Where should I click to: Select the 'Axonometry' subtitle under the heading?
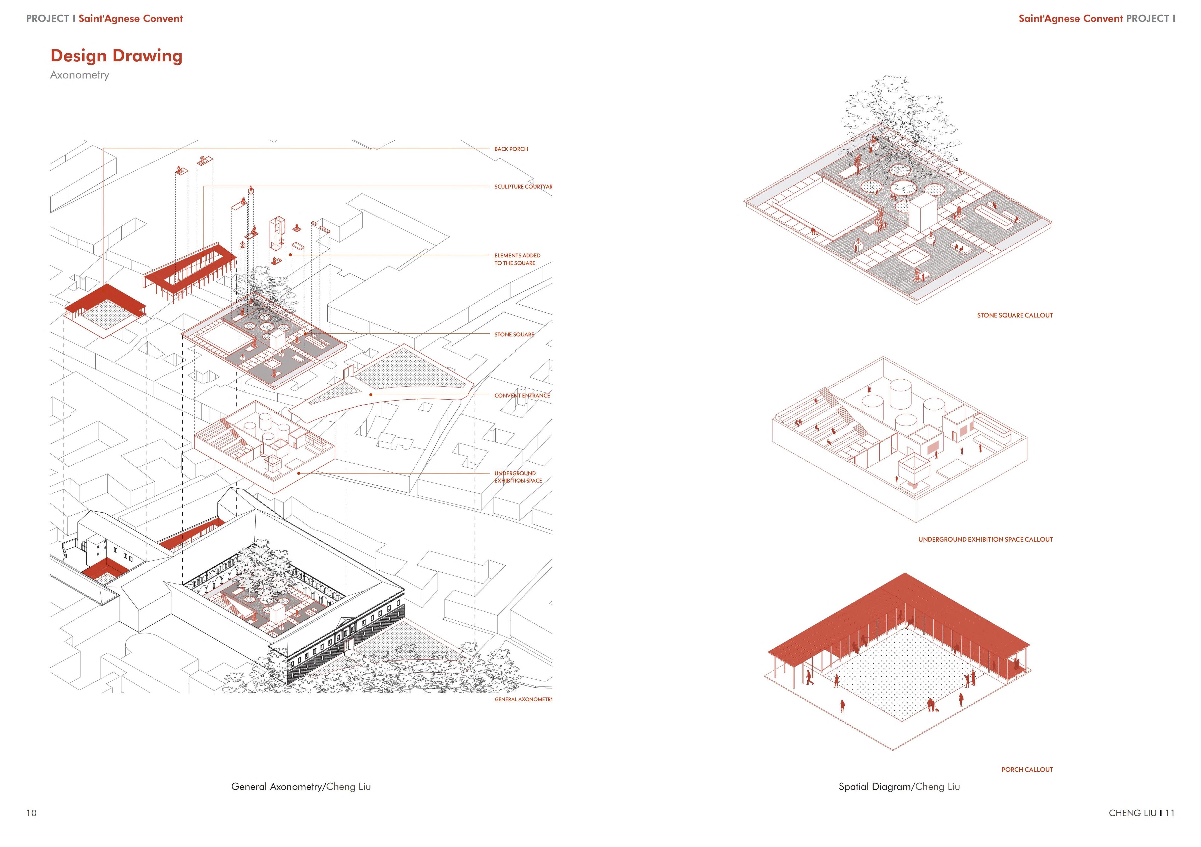click(79, 75)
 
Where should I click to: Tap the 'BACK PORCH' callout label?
click(511, 149)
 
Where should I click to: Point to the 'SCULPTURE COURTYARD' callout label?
click(523, 187)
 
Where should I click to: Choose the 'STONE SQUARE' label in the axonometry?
click(514, 334)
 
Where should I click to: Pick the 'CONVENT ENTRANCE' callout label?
click(522, 396)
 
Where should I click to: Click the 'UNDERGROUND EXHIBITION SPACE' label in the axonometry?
click(518, 477)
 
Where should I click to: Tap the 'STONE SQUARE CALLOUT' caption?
click(1015, 315)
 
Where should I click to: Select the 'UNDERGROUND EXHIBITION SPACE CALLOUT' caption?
click(985, 539)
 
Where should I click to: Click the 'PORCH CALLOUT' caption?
click(1027, 770)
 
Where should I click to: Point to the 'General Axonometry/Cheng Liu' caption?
click(301, 787)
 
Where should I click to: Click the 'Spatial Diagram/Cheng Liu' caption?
click(899, 787)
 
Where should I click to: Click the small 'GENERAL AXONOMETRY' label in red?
click(523, 699)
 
